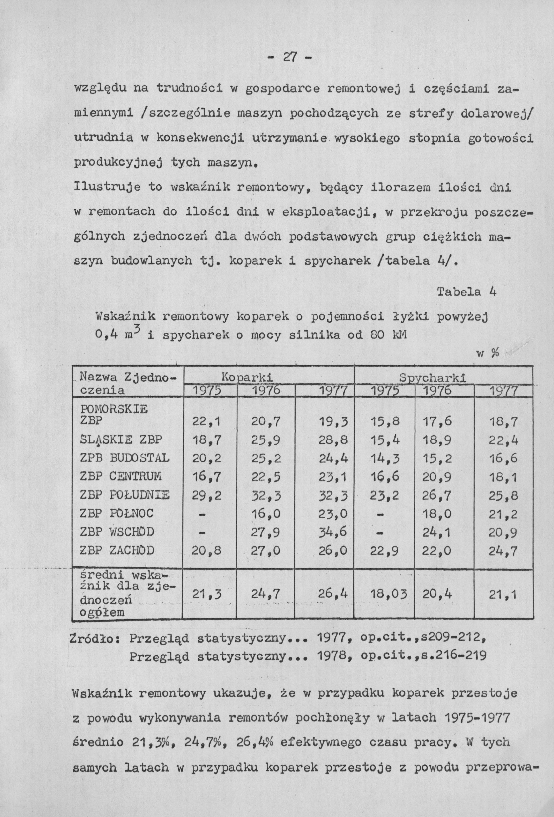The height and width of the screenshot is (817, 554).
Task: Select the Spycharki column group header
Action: click(433, 378)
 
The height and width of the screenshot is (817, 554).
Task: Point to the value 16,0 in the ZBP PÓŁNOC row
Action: click(266, 514)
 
